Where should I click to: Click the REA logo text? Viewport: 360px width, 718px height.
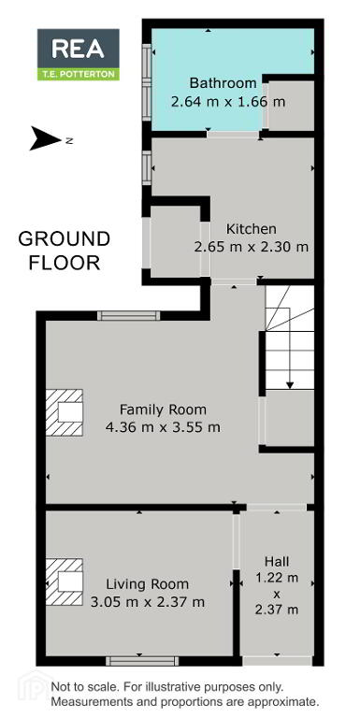click(x=78, y=49)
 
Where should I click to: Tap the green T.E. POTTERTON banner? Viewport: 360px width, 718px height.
click(x=79, y=74)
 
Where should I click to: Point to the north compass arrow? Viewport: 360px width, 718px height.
click(x=45, y=138)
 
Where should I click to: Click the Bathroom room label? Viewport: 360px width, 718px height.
click(x=223, y=83)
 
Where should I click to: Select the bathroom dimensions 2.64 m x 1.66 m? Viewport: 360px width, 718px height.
click(x=228, y=101)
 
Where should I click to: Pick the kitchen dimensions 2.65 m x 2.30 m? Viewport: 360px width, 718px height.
click(x=252, y=247)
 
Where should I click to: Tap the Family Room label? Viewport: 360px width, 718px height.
click(x=163, y=409)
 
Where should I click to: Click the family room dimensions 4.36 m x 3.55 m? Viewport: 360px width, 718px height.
click(x=163, y=427)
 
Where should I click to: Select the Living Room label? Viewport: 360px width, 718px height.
click(x=148, y=584)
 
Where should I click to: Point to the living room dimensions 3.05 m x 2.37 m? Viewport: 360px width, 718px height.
click(x=148, y=601)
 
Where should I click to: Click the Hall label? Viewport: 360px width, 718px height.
click(x=277, y=561)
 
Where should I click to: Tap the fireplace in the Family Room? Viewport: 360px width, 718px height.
click(x=65, y=412)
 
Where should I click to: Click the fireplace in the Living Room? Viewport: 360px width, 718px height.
click(x=65, y=582)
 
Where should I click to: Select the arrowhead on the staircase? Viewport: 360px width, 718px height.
click(x=290, y=385)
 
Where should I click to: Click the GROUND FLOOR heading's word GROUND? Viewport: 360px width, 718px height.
click(x=65, y=239)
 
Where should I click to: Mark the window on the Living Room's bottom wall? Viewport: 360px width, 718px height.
click(x=142, y=661)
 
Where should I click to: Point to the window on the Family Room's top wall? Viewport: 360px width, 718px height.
click(x=129, y=315)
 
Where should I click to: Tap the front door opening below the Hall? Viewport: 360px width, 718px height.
click(x=277, y=661)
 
